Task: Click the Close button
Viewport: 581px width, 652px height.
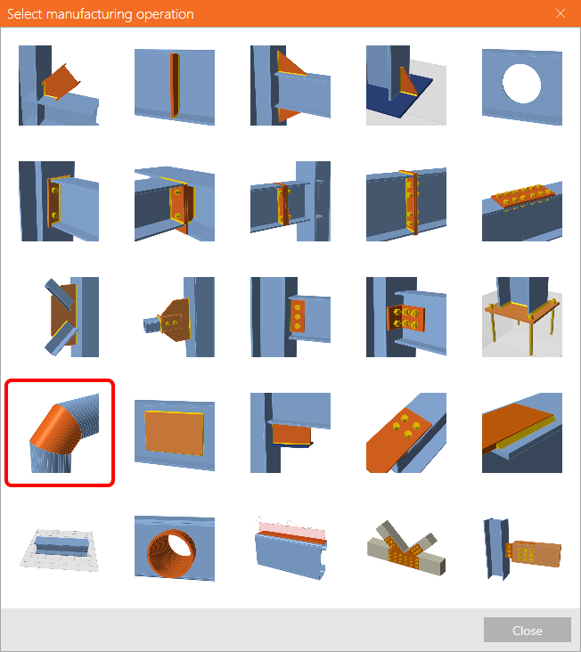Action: [527, 630]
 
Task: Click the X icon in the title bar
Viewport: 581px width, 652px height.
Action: [561, 13]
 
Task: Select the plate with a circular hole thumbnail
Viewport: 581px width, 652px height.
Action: [522, 86]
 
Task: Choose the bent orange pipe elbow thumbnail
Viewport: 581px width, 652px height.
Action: [59, 433]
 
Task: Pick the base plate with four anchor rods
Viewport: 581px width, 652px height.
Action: [522, 317]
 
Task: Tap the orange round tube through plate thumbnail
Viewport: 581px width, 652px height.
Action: [175, 549]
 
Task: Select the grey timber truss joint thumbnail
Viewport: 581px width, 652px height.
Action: [406, 549]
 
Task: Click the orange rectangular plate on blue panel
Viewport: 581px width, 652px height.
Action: [175, 433]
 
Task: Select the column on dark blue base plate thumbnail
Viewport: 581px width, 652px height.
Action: [406, 86]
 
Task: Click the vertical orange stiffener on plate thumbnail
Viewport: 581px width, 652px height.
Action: [175, 86]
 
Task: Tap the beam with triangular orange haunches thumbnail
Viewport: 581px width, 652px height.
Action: [290, 86]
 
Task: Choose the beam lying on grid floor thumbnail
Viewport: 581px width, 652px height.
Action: [59, 549]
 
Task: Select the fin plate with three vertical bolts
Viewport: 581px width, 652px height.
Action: [290, 317]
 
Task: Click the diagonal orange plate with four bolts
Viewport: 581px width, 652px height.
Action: [406, 433]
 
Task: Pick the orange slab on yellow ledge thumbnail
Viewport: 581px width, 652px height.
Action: [522, 433]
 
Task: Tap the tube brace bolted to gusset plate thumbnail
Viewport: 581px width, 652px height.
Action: [175, 317]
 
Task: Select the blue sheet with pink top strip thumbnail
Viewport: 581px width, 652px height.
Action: [290, 549]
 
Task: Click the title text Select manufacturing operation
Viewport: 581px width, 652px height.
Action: [101, 14]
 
